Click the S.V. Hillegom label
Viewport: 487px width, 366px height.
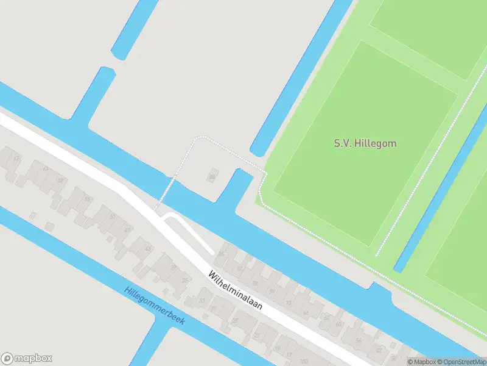point(365,144)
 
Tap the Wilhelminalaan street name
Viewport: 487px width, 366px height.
point(236,290)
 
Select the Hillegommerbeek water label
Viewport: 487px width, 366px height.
point(154,306)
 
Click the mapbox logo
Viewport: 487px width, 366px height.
point(27,359)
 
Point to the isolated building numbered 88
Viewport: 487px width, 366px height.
point(212,177)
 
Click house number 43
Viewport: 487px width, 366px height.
point(147,249)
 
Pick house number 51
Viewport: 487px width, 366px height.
point(113,217)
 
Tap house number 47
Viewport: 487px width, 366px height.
point(128,230)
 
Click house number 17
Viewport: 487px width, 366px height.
point(289,354)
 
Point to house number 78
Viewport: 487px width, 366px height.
point(254,283)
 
